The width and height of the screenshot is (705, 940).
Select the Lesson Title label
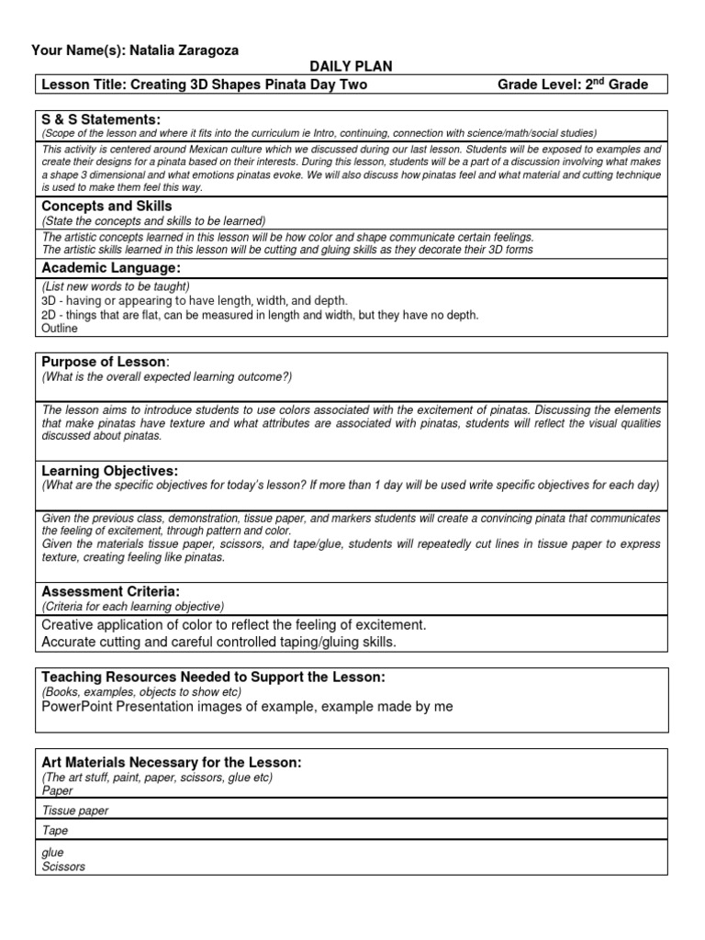(83, 84)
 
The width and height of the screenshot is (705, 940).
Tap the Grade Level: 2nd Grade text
(572, 84)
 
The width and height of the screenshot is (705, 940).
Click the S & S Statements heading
(101, 119)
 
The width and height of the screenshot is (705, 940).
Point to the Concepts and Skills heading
(106, 207)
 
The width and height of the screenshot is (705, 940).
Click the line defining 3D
(195, 300)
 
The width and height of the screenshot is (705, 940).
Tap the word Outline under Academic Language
(61, 329)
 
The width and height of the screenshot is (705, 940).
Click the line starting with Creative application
(234, 625)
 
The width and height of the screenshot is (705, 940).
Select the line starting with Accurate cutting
(219, 642)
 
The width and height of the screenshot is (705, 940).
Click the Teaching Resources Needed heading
(213, 677)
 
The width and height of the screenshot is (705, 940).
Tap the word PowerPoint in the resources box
(76, 706)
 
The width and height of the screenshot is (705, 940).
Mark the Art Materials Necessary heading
(172, 763)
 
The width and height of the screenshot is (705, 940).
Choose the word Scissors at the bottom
(63, 866)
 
